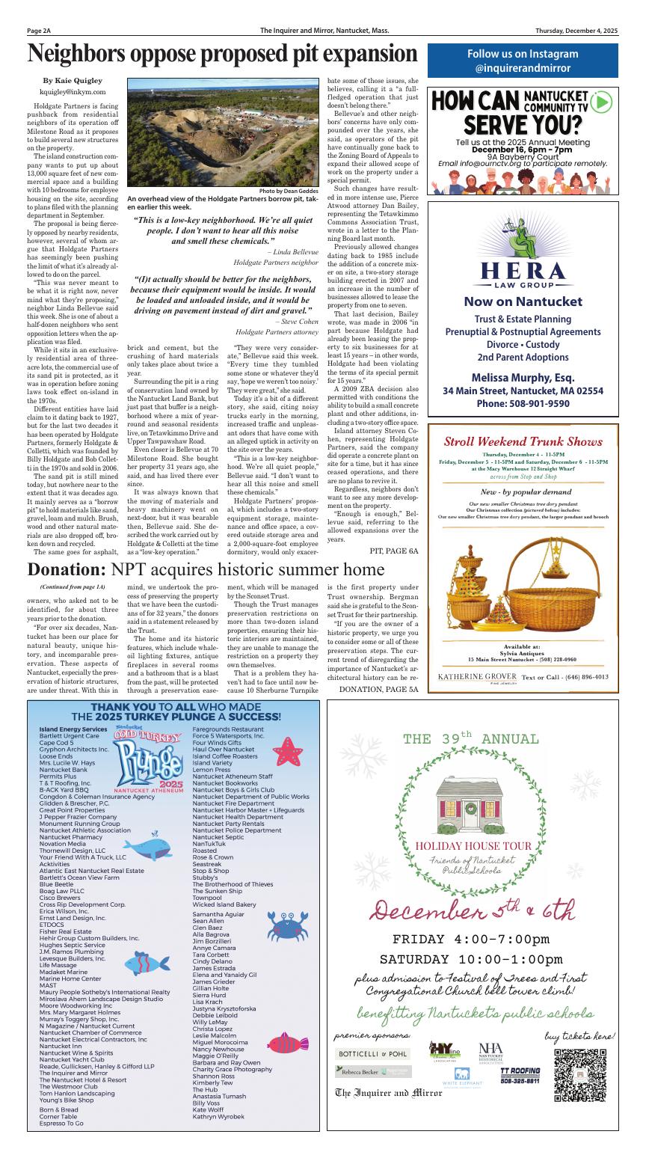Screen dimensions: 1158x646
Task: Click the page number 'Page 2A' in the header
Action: [x=39, y=31]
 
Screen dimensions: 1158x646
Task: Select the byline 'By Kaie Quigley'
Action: [x=73, y=80]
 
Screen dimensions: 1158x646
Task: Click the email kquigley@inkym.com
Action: [x=73, y=91]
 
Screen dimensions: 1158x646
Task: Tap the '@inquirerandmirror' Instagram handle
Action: [x=523, y=68]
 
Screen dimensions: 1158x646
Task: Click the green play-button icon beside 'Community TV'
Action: [x=600, y=102]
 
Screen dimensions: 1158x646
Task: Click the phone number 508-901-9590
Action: [x=523, y=404]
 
